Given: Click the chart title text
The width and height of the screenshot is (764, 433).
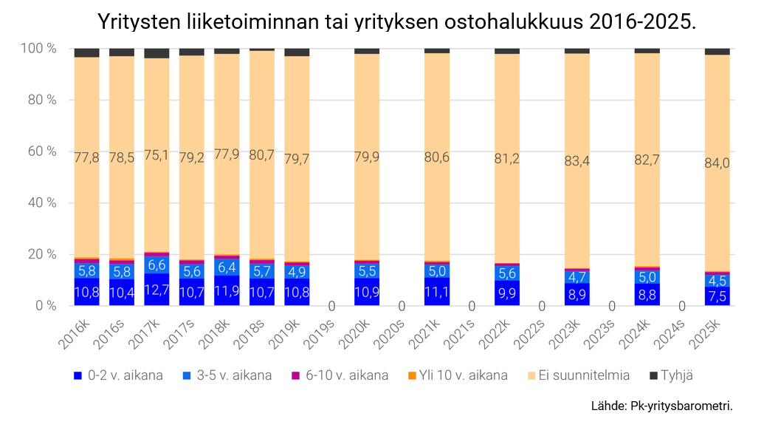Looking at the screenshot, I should click(x=396, y=22).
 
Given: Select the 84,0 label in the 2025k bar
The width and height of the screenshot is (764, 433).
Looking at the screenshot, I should click(x=717, y=163).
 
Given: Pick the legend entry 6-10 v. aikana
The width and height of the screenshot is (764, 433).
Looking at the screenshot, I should click(x=346, y=375).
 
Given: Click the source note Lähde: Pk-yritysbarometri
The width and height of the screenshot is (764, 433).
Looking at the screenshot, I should click(x=662, y=406).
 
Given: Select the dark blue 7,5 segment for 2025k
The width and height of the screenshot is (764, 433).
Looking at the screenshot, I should click(x=717, y=296).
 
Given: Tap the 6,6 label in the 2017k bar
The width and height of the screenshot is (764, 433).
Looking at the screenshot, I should click(x=156, y=265).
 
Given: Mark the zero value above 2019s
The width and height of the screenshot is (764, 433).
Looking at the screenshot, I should click(x=332, y=306).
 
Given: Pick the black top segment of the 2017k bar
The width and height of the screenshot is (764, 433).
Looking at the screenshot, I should click(x=156, y=53).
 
